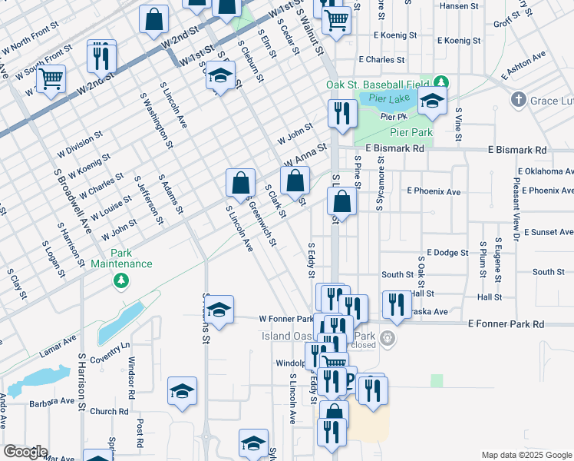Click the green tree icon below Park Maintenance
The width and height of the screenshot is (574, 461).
(120, 282)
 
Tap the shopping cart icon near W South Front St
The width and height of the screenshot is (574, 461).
(51, 78)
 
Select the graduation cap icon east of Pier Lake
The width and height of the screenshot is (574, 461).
(432, 102)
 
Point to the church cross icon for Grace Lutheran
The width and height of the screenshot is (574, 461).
(518, 100)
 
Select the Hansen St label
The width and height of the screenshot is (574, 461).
(459, 6)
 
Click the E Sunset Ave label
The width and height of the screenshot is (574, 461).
(545, 232)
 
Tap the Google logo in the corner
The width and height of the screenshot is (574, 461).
(25, 452)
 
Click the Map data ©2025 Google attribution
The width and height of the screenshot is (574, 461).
(526, 455)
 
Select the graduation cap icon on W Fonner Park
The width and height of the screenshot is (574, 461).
(219, 310)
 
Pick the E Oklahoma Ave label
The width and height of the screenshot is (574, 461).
(546, 171)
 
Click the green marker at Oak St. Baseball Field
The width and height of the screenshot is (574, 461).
(440, 82)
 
